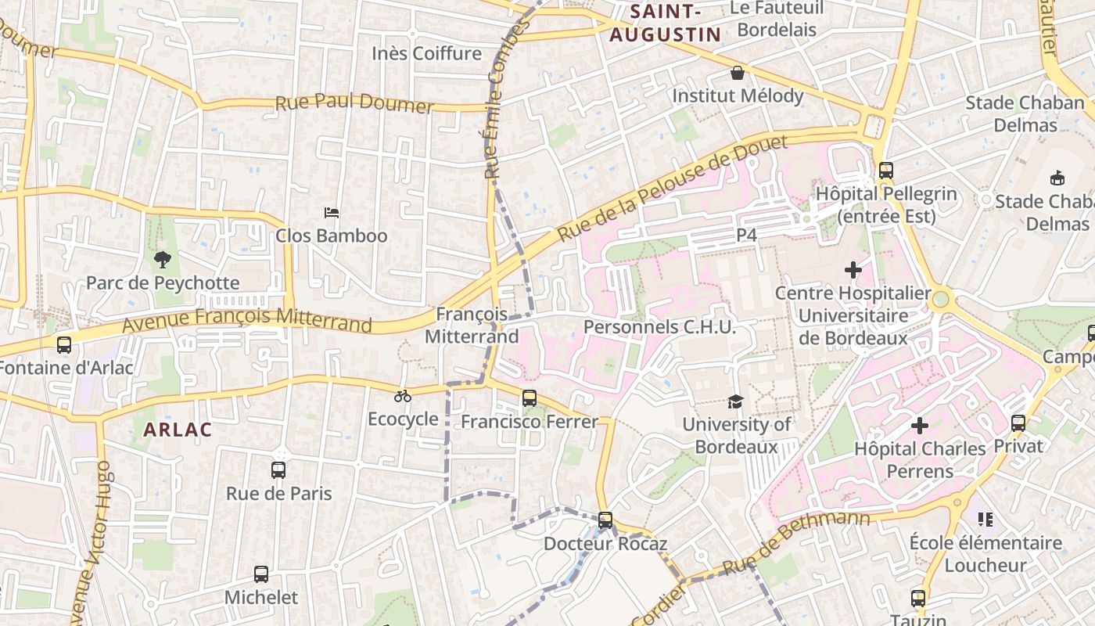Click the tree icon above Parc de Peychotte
point(163,259)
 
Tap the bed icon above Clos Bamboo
point(332,212)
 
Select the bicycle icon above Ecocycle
point(403,396)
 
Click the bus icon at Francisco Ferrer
point(530,398)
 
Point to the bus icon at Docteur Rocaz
point(605,520)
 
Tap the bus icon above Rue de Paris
point(278,470)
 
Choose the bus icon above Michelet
point(261,574)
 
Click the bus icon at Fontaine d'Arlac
point(64,344)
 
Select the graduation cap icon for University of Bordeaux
point(735,401)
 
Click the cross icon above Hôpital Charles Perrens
point(920,426)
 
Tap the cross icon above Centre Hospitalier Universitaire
point(853,270)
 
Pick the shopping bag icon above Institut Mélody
point(737,73)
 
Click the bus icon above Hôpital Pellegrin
point(885,171)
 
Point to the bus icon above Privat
point(1018,423)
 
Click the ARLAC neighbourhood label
point(178,430)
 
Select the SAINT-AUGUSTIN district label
point(665,23)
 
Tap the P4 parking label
point(747,235)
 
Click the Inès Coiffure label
point(427,53)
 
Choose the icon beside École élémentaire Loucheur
point(985,519)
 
